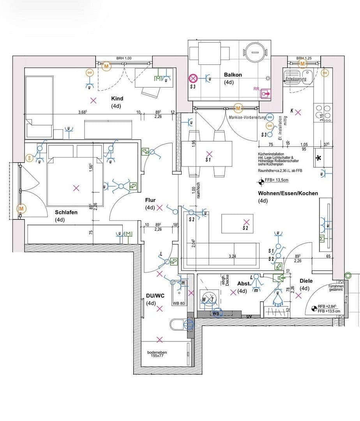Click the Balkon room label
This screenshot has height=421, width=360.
(x=233, y=75)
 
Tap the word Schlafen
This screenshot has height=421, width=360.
(x=66, y=212)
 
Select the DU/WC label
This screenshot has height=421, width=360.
(x=155, y=295)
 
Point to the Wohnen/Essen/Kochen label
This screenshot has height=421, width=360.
(x=288, y=193)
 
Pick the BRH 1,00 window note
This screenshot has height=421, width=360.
(x=124, y=58)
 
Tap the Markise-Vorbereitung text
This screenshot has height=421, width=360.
(x=247, y=117)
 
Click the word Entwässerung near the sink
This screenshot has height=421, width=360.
(x=296, y=79)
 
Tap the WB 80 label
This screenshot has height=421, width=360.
(x=179, y=303)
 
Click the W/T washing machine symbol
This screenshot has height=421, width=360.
(x=208, y=299)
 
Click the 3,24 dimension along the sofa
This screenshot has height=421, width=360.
(x=232, y=256)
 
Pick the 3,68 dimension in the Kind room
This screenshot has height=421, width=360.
(x=82, y=112)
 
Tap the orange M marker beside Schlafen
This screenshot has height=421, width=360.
(x=21, y=209)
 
